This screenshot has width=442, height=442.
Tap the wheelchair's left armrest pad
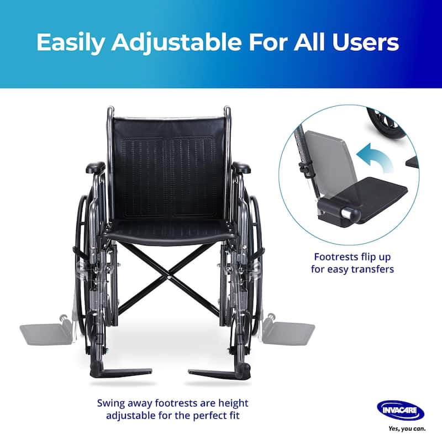coord(95,167)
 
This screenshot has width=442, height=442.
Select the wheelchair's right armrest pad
coord(241,167)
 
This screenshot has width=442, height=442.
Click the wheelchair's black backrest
coord(169,166)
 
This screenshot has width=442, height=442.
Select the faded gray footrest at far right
coord(288,333)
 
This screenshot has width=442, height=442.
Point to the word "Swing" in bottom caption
coord(110,403)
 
